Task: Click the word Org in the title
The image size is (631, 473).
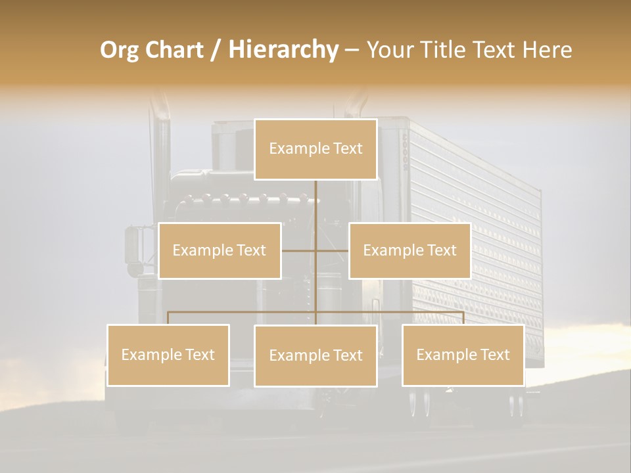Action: pos(118,50)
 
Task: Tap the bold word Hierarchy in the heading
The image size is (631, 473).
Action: pos(283,50)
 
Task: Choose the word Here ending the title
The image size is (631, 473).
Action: pos(547,50)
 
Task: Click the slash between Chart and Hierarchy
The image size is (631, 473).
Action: pos(216,50)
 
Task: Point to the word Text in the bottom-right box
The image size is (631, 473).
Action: pos(496,355)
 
